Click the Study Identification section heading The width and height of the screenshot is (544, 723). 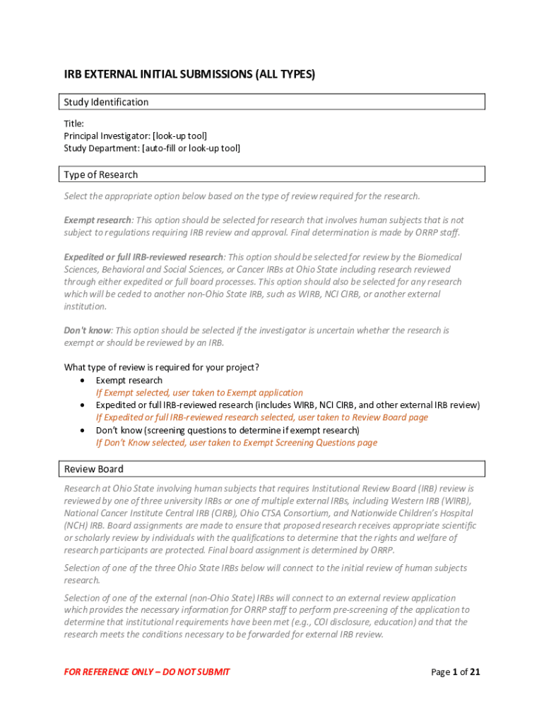[x=107, y=102]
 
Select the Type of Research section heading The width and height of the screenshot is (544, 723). [x=101, y=175]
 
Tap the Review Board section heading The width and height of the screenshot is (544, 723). [x=94, y=470]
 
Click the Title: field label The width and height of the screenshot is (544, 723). [x=74, y=124]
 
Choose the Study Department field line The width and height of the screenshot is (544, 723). [x=152, y=148]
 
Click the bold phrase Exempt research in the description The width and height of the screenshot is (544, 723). [x=97, y=220]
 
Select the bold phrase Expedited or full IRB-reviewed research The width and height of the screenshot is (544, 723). [x=144, y=257]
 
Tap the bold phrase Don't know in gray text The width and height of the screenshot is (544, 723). [x=88, y=330]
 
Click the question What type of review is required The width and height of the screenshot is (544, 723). [x=162, y=368]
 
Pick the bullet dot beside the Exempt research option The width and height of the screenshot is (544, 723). [x=83, y=381]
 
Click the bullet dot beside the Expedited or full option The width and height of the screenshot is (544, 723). [x=83, y=405]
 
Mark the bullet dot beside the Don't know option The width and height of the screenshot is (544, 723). [x=83, y=430]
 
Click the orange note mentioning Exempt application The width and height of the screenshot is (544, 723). [x=199, y=393]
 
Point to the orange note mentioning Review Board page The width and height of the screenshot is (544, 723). [x=262, y=417]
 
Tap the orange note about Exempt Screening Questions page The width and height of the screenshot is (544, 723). [x=237, y=443]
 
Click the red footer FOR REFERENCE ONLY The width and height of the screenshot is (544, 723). [x=147, y=672]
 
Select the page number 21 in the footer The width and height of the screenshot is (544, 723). [x=475, y=672]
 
